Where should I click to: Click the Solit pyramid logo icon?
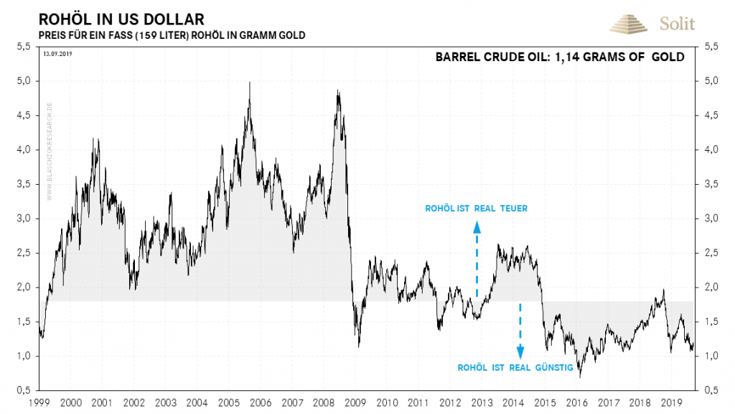coord(629,24)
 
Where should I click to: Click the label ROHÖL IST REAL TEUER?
coord(477,209)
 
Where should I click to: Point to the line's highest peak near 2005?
coord(249,82)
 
